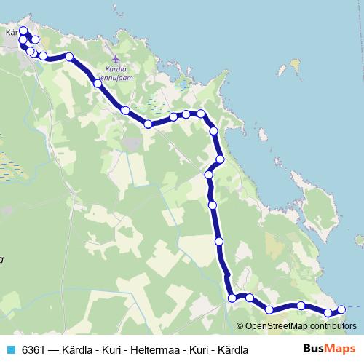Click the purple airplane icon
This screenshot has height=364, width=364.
click(115, 58)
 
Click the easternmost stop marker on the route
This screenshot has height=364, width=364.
click(341, 311)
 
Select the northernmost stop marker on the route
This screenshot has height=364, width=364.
click(23, 31)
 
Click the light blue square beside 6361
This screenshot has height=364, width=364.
click(9, 349)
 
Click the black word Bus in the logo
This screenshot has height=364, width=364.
click(313, 349)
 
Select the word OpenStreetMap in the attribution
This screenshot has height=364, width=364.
click(273, 326)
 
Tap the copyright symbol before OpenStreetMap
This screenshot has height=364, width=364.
click(241, 326)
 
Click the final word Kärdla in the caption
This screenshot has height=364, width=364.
click(232, 349)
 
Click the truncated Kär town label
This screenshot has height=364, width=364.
click(10, 33)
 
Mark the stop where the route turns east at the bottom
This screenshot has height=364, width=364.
click(232, 297)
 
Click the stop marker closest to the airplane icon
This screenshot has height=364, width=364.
click(98, 83)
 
